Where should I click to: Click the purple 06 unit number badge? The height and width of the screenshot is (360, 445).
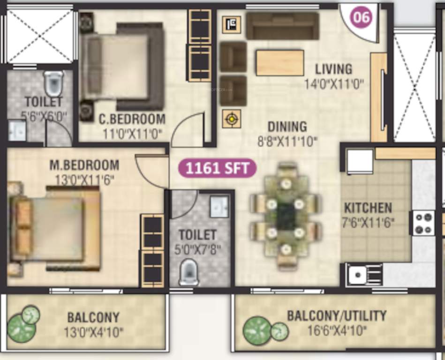click(x=362, y=18)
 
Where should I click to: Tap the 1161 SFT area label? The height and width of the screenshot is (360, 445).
click(x=217, y=168)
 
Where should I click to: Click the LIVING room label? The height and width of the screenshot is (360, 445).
click(x=333, y=69)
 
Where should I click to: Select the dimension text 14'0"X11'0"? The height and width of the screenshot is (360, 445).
click(x=333, y=84)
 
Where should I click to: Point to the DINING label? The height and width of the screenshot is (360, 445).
click(x=287, y=127)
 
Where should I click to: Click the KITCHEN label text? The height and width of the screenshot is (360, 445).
click(x=368, y=208)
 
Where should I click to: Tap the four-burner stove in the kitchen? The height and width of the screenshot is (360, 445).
click(x=423, y=223)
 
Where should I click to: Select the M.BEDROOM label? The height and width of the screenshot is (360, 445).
click(x=84, y=165)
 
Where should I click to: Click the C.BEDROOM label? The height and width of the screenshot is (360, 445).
click(x=132, y=119)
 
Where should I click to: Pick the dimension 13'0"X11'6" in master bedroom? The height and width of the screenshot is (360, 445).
click(x=84, y=180)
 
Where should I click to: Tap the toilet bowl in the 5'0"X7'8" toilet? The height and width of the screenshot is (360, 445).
click(x=189, y=272)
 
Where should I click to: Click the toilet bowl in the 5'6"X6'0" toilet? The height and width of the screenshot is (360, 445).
click(x=53, y=83)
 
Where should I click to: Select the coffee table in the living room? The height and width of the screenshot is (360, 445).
click(x=280, y=63)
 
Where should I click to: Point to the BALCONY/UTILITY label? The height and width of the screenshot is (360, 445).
click(x=337, y=315)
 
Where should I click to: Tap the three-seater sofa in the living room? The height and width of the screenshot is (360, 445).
click(x=282, y=26)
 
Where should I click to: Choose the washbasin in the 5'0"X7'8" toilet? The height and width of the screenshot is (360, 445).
click(x=219, y=207)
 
